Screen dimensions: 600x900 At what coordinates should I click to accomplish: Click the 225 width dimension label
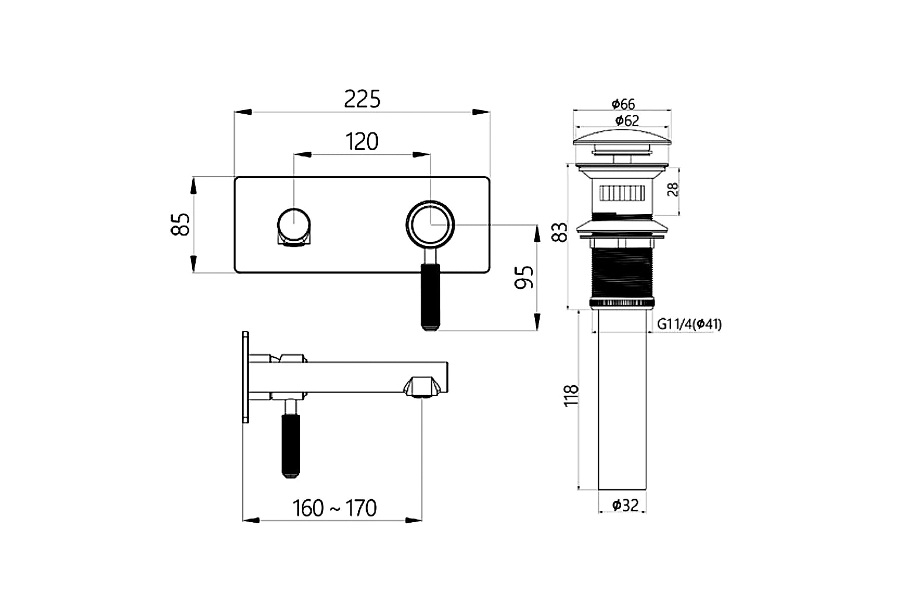362,99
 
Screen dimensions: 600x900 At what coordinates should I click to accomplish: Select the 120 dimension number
362,141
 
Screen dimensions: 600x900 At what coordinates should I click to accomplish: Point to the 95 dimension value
524,277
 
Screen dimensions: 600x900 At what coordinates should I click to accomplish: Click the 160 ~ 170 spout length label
335,508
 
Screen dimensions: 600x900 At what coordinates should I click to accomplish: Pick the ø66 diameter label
623,104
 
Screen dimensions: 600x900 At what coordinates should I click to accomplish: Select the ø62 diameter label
626,121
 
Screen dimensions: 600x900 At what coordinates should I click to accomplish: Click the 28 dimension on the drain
673,189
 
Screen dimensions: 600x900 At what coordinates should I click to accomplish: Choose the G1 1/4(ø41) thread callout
689,324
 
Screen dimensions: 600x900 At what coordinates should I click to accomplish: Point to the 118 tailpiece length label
570,396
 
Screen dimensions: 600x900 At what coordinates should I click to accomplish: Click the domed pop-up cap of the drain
622,138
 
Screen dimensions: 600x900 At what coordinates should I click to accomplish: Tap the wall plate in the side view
246,377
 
